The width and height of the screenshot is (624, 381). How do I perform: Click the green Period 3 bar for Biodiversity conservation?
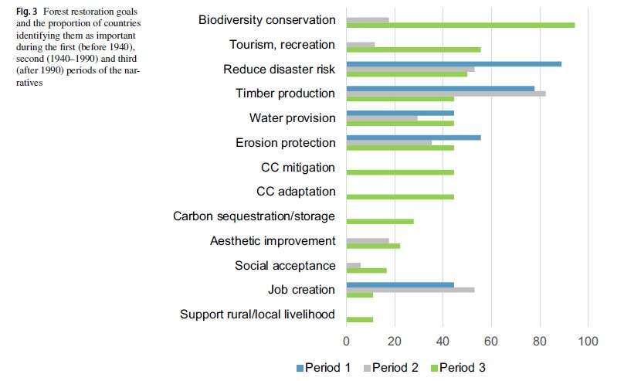[x=460, y=25]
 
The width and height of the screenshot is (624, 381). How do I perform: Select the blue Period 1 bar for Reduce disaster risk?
[x=453, y=63]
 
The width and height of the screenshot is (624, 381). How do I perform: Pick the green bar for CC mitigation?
[x=400, y=172]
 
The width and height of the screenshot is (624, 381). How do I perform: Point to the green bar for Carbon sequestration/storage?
[x=380, y=221]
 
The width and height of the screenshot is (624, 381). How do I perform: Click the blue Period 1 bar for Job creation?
[x=400, y=284]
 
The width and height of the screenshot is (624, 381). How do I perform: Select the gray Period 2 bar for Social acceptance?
[x=354, y=265]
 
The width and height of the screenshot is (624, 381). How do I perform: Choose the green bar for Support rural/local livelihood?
[x=360, y=319]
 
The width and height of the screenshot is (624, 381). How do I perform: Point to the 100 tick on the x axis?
[x=588, y=341]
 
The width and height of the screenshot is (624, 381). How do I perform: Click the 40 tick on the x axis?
[x=443, y=341]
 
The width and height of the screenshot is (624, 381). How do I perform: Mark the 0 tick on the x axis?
[x=347, y=341]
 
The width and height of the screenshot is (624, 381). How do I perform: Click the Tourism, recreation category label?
[x=283, y=45]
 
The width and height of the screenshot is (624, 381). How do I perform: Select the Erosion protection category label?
[x=285, y=143]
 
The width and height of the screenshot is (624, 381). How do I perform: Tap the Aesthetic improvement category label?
[x=273, y=241]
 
